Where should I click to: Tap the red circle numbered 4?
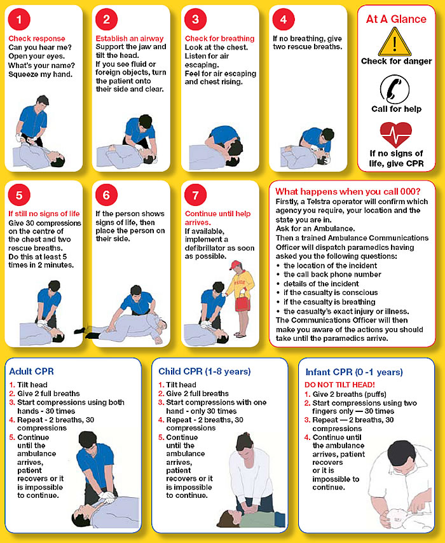click(x=283, y=19)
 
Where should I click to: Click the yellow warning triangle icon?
click(x=395, y=43)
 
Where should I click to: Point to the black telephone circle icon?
click(x=396, y=89)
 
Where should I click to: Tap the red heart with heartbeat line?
click(x=395, y=135)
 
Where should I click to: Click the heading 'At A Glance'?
click(x=396, y=19)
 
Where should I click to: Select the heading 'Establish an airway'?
click(x=130, y=39)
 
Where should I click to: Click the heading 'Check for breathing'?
click(x=219, y=39)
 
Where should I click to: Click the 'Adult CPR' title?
click(x=30, y=371)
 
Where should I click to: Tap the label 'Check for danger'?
click(x=396, y=62)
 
